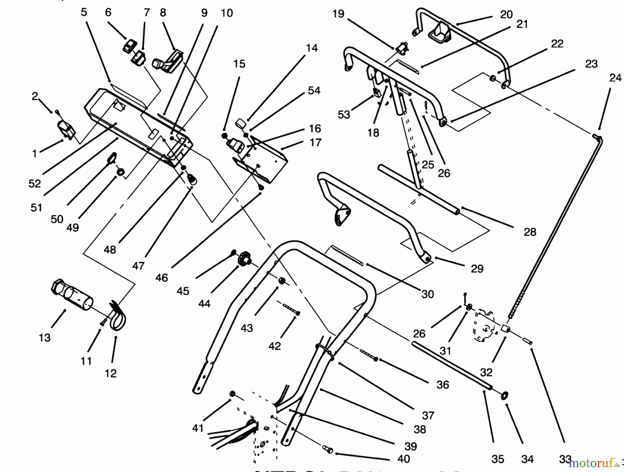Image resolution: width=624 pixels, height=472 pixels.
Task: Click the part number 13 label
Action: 44,337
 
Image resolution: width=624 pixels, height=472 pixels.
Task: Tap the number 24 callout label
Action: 615,78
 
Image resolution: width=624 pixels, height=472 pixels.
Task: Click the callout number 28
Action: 530,232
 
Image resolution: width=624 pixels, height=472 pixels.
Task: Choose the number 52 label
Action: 35,183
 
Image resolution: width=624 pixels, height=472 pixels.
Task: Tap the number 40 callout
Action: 404,459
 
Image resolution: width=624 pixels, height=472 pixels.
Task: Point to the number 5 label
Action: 84,12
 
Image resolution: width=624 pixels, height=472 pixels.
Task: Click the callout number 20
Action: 506,15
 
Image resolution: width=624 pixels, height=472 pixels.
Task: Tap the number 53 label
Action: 344,115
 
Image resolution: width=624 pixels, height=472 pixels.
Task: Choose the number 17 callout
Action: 315,142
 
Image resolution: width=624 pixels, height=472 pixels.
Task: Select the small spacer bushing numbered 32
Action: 506,328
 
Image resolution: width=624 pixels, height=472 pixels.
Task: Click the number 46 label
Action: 162,277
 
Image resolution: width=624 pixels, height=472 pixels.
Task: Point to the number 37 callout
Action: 428,415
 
